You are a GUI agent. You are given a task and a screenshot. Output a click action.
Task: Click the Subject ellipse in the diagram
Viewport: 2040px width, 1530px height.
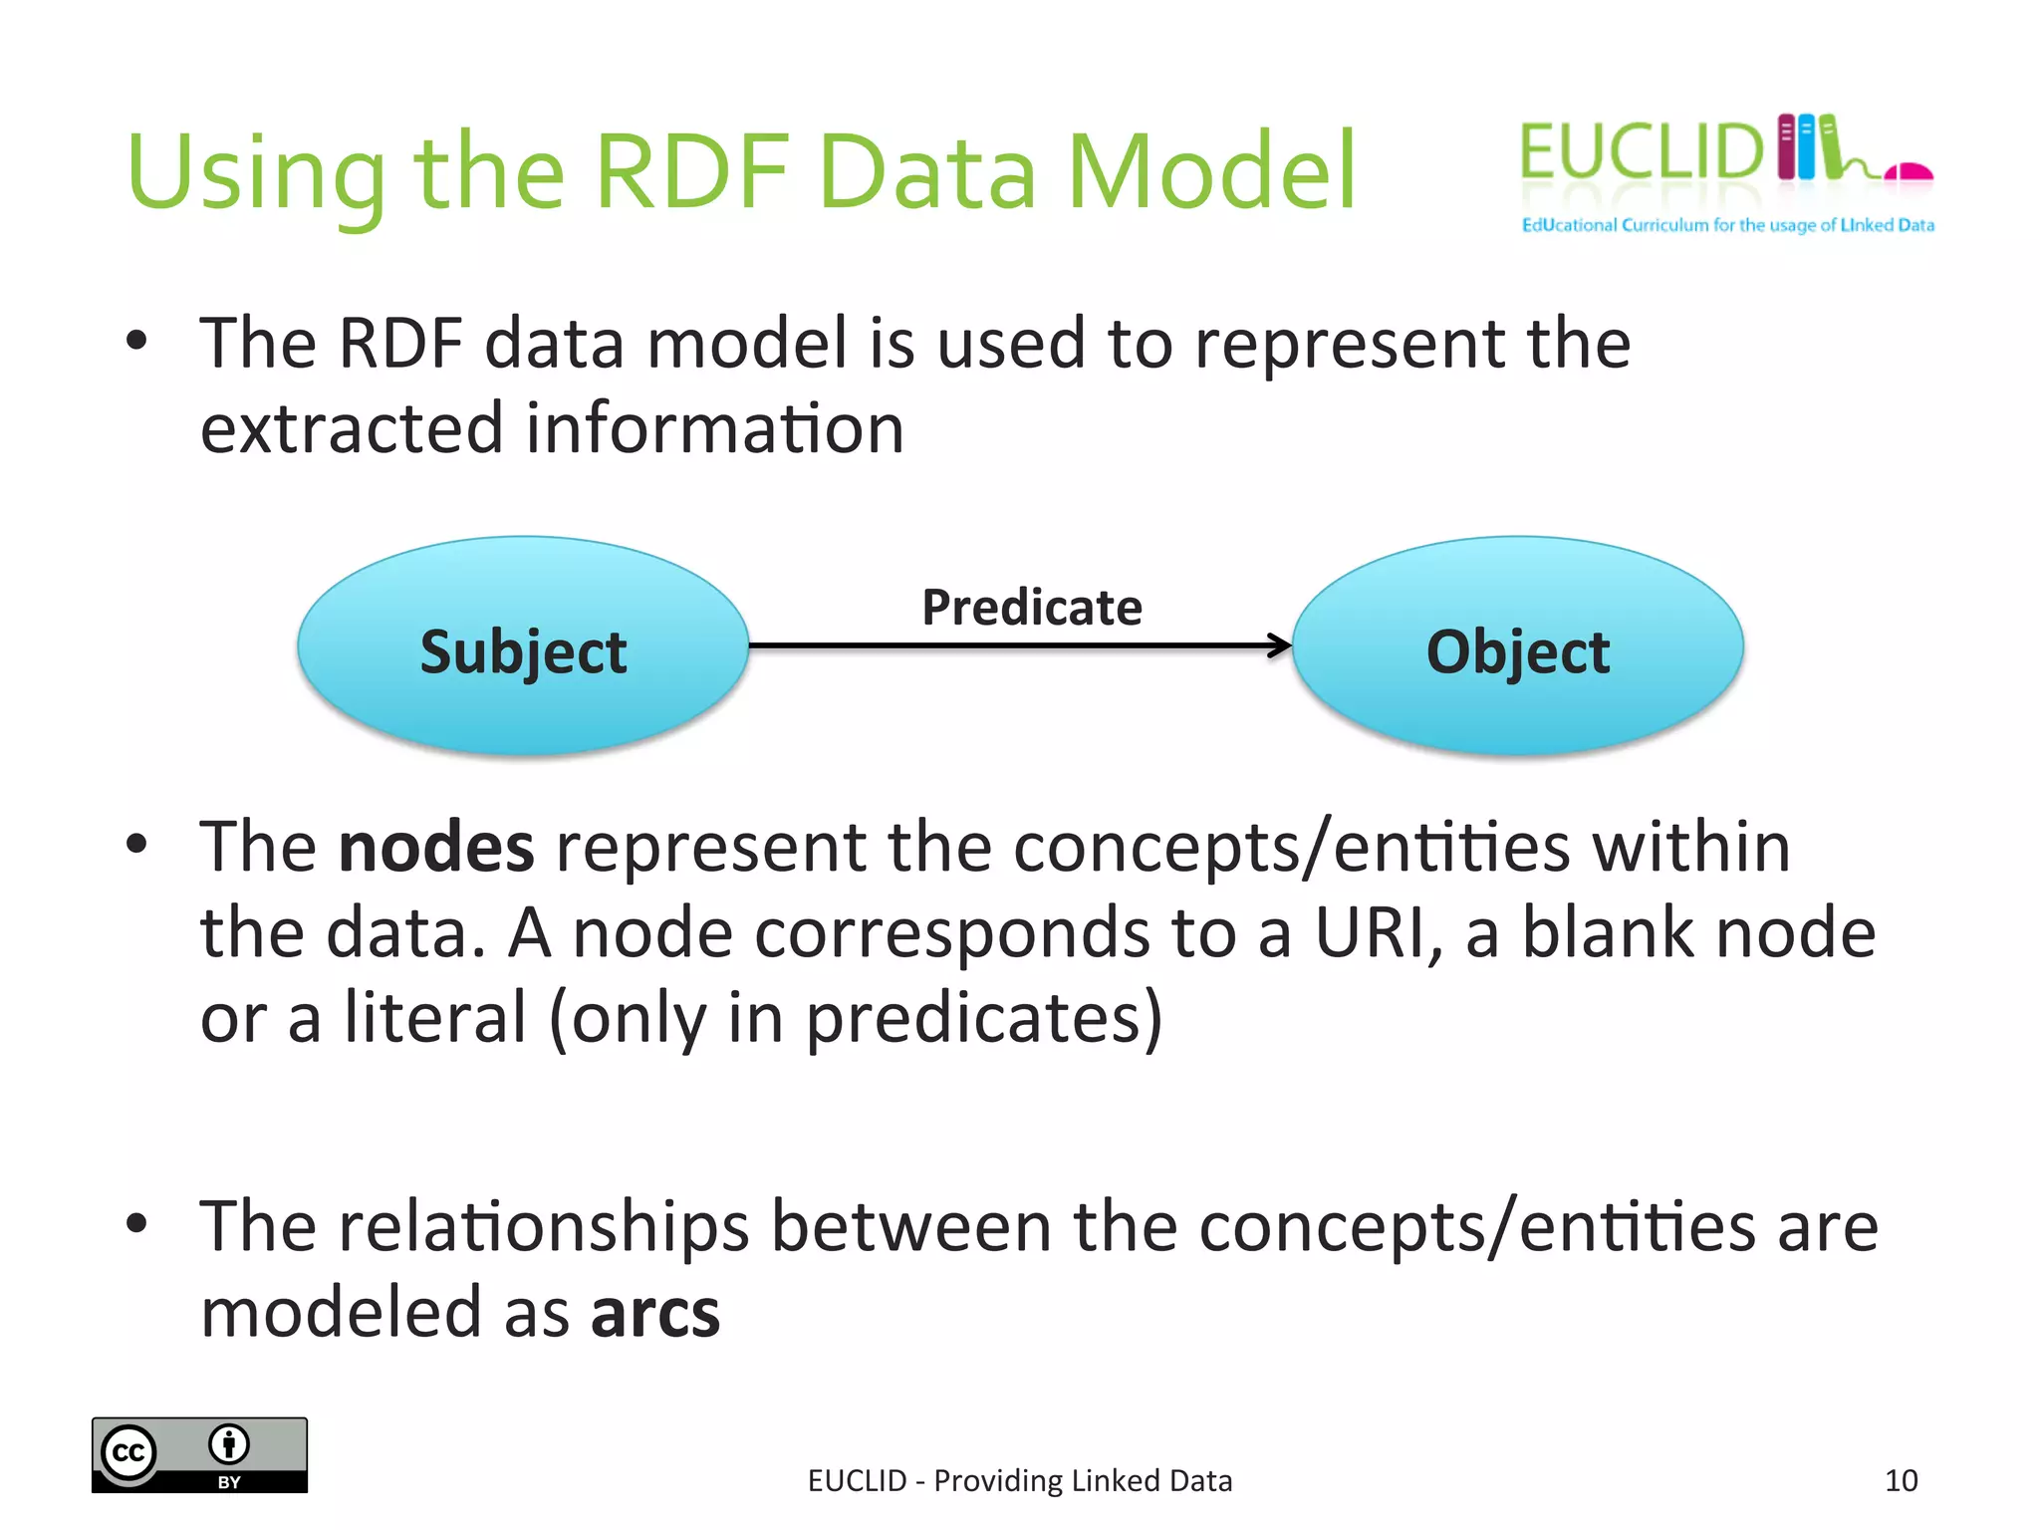click(523, 647)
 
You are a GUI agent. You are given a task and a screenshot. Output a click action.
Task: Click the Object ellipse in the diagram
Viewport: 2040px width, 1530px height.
click(1517, 647)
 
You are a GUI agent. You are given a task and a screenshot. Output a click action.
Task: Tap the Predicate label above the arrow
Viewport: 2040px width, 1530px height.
click(1031, 607)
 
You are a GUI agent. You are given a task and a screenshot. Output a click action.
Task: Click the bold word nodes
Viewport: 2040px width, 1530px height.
click(436, 847)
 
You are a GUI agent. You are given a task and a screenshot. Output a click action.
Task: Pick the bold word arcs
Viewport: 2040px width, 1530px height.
click(654, 1312)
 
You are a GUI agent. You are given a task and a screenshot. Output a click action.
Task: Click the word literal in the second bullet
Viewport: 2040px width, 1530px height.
click(435, 1018)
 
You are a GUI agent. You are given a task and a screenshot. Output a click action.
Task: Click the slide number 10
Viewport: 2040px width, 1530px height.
click(1901, 1480)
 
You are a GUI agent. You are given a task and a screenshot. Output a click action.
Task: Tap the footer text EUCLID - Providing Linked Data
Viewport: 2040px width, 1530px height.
click(1019, 1480)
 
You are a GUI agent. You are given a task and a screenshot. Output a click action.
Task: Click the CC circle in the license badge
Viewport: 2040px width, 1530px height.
click(129, 1453)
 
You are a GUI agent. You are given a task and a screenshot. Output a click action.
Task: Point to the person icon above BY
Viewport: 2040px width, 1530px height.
click(229, 1443)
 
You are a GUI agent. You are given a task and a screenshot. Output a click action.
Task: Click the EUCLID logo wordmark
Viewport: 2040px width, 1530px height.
click(1640, 152)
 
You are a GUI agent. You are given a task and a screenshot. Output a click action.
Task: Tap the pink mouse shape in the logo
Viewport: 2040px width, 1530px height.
click(1909, 172)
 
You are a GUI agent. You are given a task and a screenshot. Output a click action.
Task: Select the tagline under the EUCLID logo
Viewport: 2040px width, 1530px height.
click(1727, 225)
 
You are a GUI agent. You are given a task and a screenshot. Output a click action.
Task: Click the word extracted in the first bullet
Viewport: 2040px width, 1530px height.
click(351, 428)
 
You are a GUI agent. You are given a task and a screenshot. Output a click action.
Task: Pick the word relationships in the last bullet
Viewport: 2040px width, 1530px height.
click(544, 1226)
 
